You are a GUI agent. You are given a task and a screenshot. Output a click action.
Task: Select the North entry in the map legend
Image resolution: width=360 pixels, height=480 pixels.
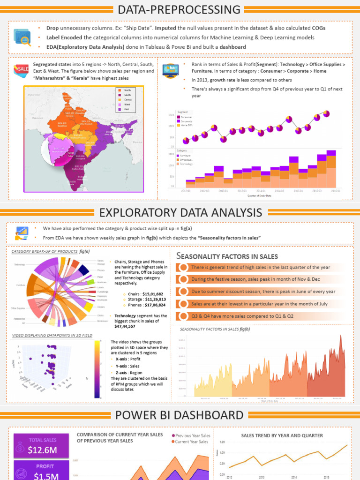127,90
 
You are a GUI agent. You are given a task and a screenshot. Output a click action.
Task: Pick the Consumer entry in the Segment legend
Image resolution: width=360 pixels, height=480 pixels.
186,117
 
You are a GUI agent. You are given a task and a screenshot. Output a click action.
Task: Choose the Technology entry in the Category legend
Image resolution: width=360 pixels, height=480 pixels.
187,164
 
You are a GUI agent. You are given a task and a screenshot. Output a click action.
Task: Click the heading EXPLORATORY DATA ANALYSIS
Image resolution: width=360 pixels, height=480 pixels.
180,212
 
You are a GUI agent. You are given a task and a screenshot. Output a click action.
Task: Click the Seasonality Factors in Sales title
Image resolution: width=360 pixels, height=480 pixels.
227,256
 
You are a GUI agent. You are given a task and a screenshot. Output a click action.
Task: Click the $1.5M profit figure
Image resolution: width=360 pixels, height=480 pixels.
43,476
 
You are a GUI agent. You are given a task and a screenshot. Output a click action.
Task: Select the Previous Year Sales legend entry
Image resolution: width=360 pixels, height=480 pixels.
191,435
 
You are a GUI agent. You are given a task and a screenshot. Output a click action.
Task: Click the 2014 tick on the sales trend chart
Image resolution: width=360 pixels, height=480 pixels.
294,477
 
